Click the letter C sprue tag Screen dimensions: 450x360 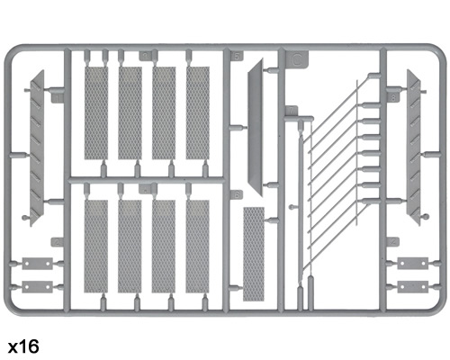[297, 58]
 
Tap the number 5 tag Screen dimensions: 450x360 [237, 56]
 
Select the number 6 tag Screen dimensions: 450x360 [237, 194]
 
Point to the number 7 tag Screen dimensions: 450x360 [292, 111]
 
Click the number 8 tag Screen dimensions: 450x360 [393, 98]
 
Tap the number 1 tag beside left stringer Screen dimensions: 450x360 [58, 98]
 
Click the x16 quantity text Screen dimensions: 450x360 [23, 346]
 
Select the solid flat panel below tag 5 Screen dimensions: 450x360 [256, 127]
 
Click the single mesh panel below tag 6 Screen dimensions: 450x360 [254, 254]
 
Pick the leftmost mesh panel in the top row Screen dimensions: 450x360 [96, 112]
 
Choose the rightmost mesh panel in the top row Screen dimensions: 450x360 [198, 112]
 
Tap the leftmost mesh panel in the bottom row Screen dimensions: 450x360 [96, 247]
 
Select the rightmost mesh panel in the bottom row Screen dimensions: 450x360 [197, 247]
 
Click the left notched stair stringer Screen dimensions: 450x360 [37, 148]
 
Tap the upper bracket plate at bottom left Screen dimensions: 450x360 [38, 264]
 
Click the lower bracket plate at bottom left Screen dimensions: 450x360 [38, 287]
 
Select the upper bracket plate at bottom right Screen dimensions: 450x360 [413, 263]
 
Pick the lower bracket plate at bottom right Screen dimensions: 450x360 [413, 287]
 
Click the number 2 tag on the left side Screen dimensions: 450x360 [58, 242]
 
